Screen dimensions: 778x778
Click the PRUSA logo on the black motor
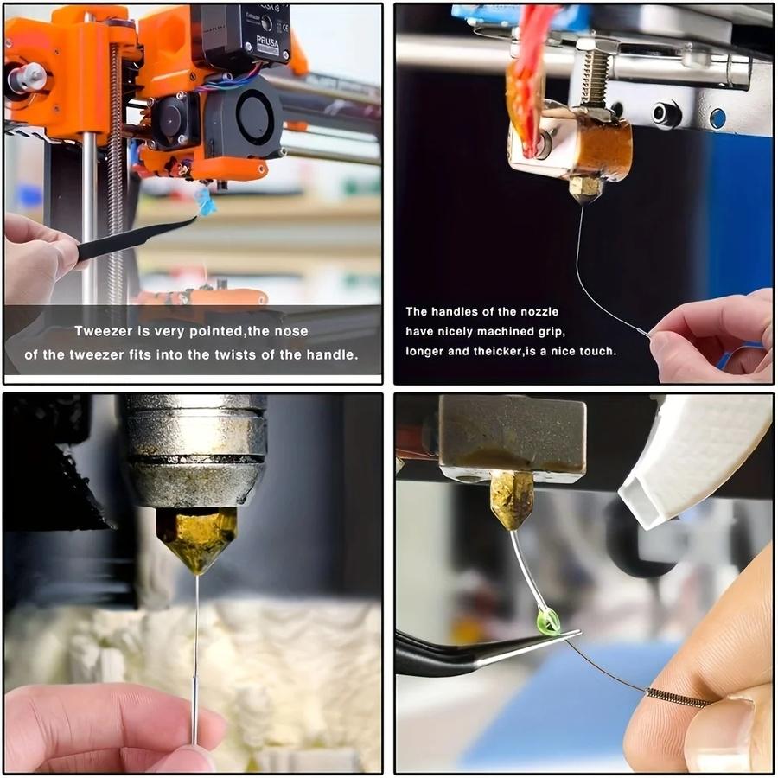coord(267,45)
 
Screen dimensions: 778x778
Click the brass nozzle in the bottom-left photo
coord(197,539)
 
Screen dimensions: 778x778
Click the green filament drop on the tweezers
coord(548,622)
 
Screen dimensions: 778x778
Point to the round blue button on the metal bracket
coord(717,118)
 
